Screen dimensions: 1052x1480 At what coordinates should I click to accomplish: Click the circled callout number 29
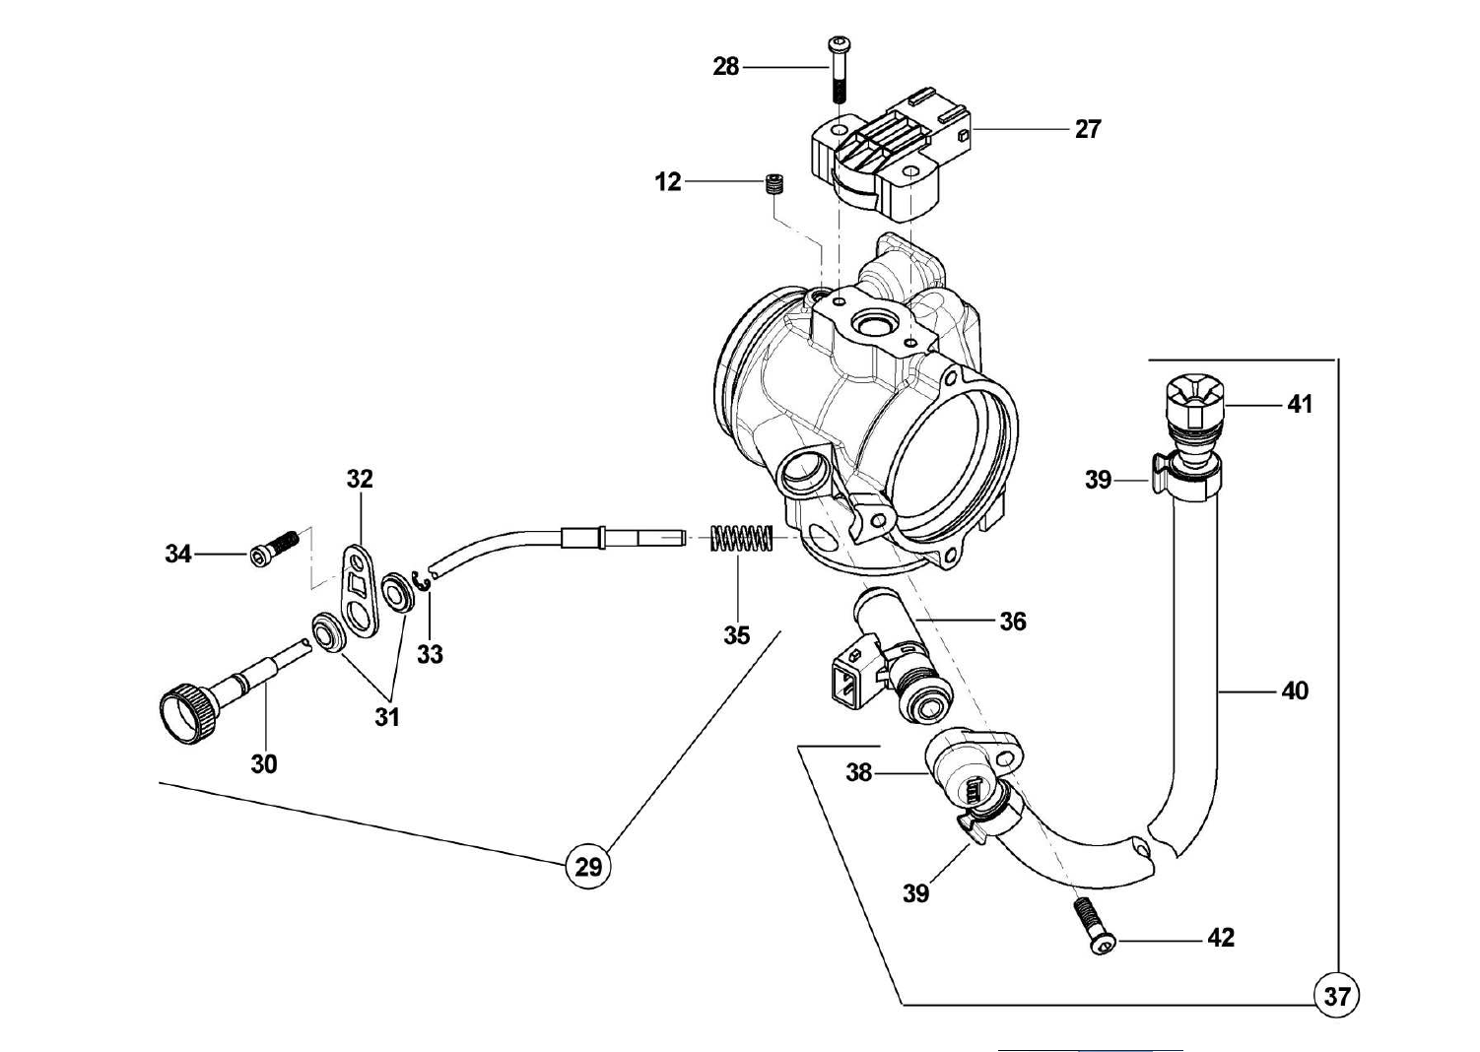click(x=587, y=867)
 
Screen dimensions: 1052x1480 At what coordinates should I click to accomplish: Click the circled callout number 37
click(x=1336, y=996)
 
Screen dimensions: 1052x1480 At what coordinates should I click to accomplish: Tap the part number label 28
click(x=726, y=67)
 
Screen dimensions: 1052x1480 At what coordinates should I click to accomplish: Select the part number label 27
click(x=1087, y=129)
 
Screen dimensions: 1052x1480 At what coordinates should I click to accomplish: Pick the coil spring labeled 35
click(x=741, y=539)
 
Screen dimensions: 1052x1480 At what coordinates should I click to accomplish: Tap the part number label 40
click(x=1295, y=691)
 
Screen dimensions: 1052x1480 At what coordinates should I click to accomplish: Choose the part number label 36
click(x=1012, y=622)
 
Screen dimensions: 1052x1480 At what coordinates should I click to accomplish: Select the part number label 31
click(x=387, y=717)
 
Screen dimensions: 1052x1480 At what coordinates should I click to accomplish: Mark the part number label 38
click(x=859, y=773)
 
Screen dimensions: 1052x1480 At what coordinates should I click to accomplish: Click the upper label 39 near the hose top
click(x=1098, y=480)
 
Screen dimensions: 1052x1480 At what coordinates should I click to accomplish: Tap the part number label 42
click(x=1220, y=939)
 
